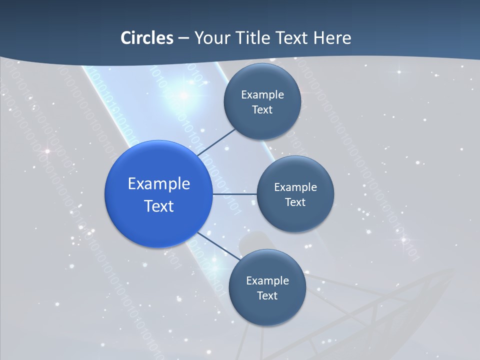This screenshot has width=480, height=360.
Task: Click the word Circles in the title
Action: pos(147,38)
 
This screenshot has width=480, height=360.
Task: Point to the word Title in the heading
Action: pos(253,38)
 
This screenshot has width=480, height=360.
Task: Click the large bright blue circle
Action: pos(158,194)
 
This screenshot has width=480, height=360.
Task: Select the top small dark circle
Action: pos(262,102)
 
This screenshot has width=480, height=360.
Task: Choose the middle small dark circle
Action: pos(295,194)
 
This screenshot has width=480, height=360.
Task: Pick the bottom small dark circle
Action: pos(267,287)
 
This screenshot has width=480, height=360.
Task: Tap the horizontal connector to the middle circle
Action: pos(234,194)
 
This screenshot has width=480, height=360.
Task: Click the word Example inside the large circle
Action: pos(159,183)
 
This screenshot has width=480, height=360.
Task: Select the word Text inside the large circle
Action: pos(159,206)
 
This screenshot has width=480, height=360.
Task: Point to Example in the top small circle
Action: pos(262,95)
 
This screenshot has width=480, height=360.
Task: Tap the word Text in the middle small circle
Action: pos(295,202)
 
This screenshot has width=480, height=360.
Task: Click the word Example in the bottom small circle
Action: pos(267,280)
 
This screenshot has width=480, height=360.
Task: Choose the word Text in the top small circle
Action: pos(262,110)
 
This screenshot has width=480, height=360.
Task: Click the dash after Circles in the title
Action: pos(183,38)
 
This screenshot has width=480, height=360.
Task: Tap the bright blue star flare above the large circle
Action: pos(183,94)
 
